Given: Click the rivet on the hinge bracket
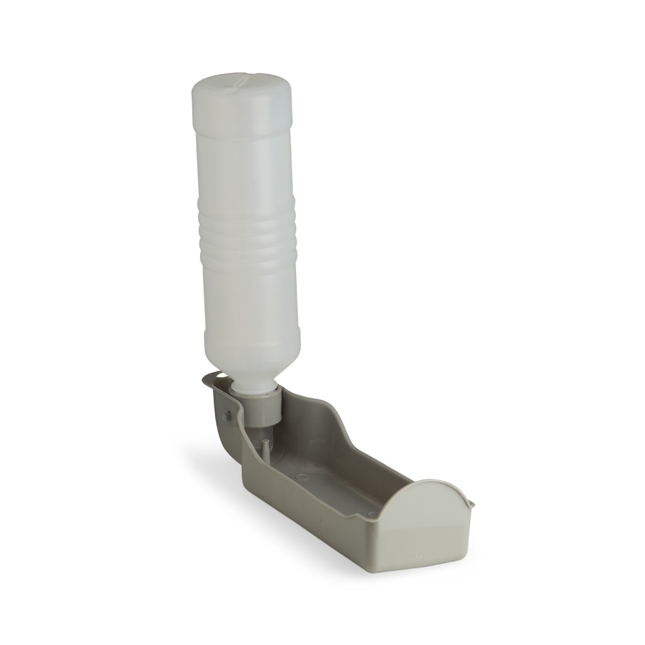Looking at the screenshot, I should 226,416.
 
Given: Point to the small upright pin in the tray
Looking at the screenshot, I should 265,447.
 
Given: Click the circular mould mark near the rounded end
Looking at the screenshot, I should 372,514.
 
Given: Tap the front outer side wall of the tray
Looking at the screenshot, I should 322,516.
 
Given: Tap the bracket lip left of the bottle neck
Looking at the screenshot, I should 213,381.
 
